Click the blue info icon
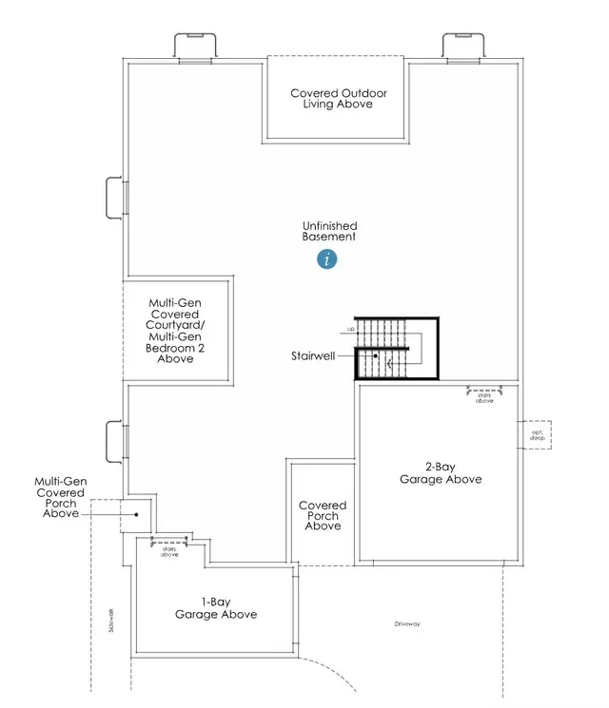click(328, 258)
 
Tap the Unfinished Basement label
click(329, 231)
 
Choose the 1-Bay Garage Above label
click(215, 607)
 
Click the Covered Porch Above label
click(323, 516)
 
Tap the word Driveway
click(407, 623)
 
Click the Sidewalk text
click(111, 622)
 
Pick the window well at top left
click(195, 48)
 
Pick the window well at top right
click(465, 48)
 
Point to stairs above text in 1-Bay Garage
click(169, 549)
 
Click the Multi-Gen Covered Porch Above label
click(61, 498)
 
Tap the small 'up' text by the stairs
click(351, 332)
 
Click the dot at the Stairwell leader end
click(376, 356)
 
